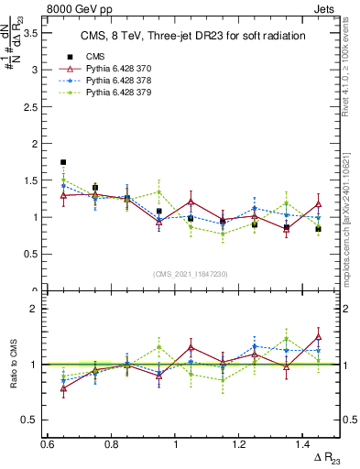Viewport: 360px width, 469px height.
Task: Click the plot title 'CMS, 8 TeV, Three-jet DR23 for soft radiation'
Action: pyautogui.click(x=192, y=35)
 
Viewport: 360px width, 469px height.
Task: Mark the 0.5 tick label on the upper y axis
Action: pyautogui.click(x=30, y=255)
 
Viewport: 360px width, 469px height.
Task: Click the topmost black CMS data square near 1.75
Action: pyautogui.click(x=63, y=162)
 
